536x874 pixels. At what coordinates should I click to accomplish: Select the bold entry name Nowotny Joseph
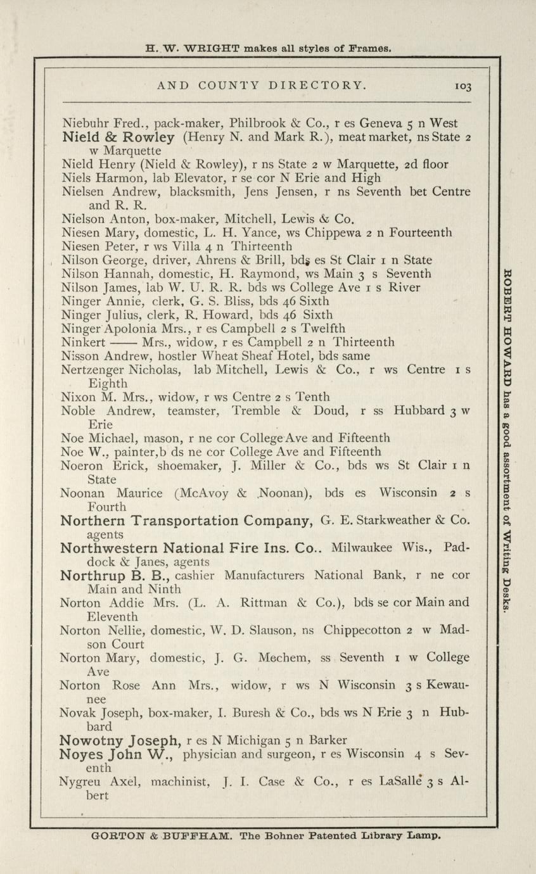point(120,740)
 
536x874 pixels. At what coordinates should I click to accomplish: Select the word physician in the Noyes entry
point(207,754)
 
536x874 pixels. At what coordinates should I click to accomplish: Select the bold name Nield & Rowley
point(118,137)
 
